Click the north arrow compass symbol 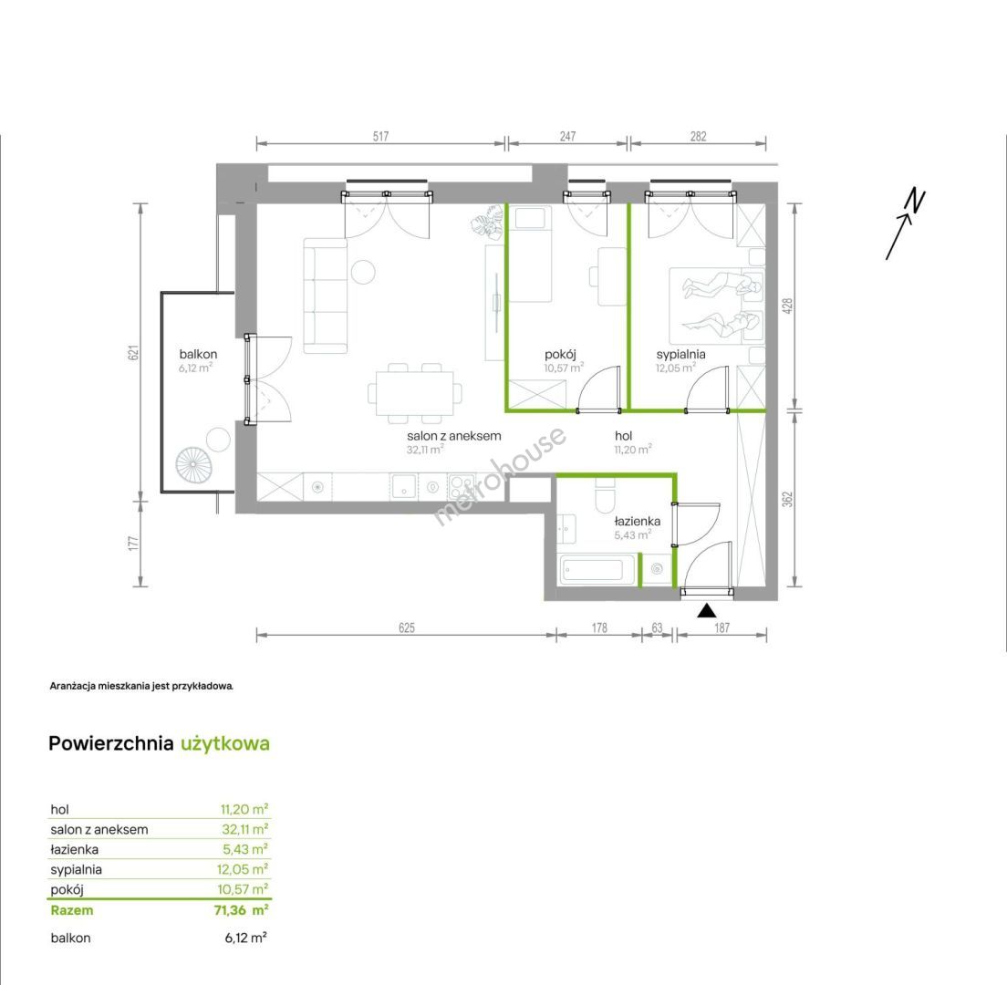click(905, 224)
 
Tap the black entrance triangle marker click(706, 611)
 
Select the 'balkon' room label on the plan click(198, 354)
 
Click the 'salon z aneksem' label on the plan click(453, 435)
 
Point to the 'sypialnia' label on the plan click(680, 354)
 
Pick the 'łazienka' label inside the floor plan click(637, 521)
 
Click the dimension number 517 click(381, 136)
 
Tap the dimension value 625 click(407, 627)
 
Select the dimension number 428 click(788, 305)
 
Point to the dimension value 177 click(133, 544)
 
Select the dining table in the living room click(415, 393)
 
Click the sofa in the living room click(326, 295)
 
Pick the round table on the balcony click(218, 440)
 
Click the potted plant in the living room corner click(486, 222)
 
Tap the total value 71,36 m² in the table click(241, 910)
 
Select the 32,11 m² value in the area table click(244, 829)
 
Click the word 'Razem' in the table click(72, 910)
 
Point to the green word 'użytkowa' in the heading click(224, 743)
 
